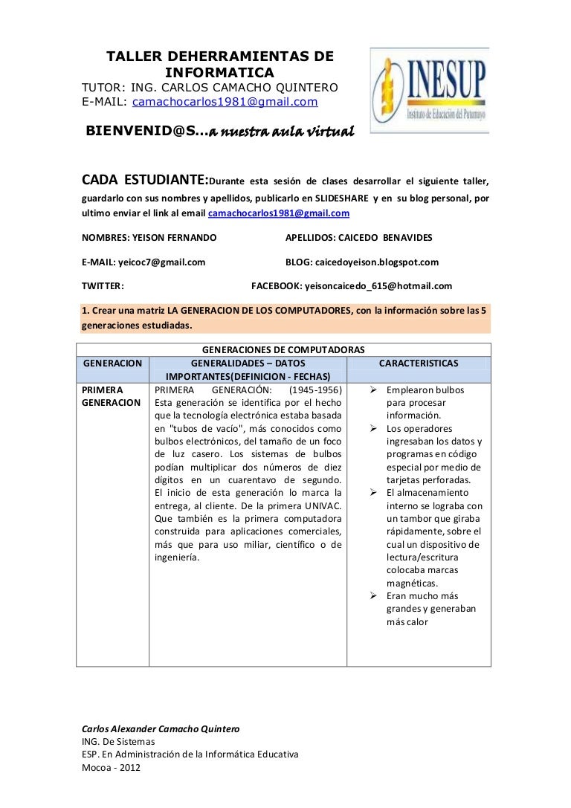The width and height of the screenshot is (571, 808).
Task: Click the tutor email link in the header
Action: pos(225,102)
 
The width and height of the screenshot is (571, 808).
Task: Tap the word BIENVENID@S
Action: pos(142,132)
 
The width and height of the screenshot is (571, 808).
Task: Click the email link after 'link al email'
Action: pos(279,213)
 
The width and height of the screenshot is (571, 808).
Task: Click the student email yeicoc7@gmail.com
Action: pos(162,262)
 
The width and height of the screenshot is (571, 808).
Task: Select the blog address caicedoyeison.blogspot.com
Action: pos(377,262)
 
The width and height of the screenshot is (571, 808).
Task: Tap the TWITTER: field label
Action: pos(103,285)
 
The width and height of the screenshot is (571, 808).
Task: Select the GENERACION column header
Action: pos(112,363)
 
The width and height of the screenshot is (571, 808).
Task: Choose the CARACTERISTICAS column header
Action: pos(419,363)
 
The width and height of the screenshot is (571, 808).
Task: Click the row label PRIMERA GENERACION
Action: pos(111,396)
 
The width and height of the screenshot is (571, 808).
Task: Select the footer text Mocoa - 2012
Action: pos(110,768)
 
